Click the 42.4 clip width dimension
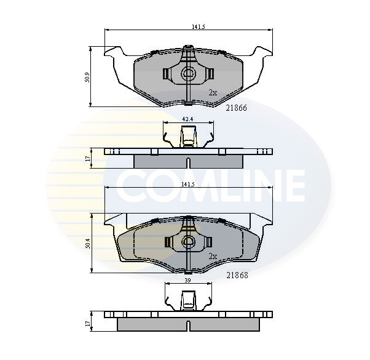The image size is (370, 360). [x=188, y=119]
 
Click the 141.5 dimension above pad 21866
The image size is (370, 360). [x=198, y=27]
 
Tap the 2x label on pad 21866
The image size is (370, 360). [x=213, y=92]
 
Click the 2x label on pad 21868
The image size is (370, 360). [x=213, y=256]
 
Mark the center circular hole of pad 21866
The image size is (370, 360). [x=188, y=74]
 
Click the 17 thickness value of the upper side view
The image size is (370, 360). [x=89, y=158]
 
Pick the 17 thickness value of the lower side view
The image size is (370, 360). [x=89, y=322]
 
